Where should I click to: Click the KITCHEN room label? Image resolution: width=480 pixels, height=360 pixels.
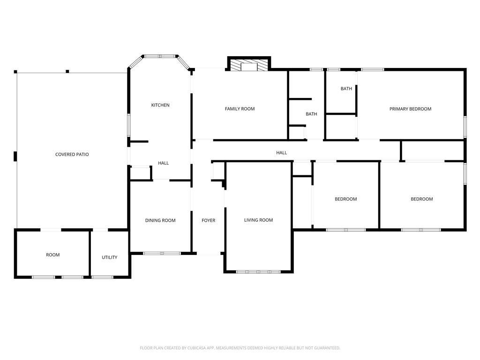160,105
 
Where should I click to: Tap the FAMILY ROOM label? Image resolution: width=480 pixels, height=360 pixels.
240,109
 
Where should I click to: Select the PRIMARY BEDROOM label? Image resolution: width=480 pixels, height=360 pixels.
410,109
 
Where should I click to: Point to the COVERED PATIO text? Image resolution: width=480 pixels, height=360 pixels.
72,154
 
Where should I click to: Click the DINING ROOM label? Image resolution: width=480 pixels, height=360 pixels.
160,220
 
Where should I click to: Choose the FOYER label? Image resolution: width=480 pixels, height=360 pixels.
208,220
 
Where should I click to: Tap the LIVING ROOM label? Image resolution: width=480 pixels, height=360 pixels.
258,220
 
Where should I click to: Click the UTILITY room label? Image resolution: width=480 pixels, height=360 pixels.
109,257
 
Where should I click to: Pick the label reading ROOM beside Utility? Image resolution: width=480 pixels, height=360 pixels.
52,255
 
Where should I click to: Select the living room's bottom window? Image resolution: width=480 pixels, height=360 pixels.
258,271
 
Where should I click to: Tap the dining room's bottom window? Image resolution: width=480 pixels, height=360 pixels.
162,253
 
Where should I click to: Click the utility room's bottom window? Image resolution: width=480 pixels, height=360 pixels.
102,277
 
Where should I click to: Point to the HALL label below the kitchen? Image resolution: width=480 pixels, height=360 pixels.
163,163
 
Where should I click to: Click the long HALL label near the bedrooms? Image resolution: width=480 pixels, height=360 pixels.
281,152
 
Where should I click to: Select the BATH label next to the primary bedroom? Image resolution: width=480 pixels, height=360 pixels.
346,89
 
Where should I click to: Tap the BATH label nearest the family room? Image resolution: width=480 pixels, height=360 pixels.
311,114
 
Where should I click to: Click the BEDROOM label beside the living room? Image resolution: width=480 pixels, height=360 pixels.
345,199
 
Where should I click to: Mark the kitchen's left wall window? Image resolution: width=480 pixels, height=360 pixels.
129,125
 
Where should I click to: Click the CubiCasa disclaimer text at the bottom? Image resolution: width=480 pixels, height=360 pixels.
240,348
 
